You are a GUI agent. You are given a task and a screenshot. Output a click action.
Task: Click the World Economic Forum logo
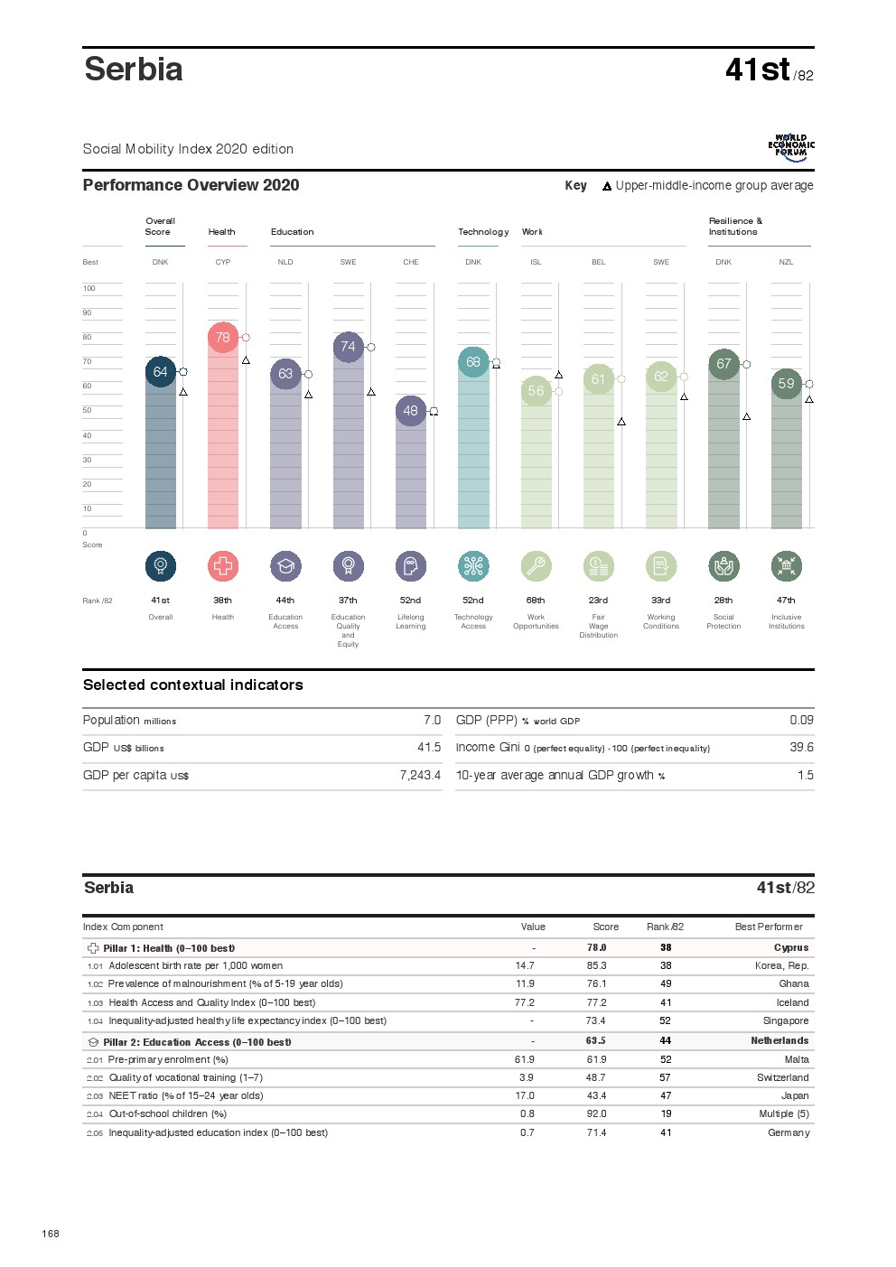click(x=791, y=148)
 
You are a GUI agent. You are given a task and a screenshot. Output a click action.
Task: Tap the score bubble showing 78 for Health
click(x=223, y=338)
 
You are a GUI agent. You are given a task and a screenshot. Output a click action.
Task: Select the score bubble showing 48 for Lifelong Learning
click(x=411, y=411)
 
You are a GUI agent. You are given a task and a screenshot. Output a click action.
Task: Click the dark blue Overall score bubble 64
click(x=161, y=372)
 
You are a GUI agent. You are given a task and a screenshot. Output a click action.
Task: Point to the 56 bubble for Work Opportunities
click(x=537, y=391)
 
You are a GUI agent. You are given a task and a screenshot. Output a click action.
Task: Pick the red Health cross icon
click(x=223, y=566)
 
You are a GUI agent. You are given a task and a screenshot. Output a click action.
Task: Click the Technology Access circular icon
click(x=473, y=566)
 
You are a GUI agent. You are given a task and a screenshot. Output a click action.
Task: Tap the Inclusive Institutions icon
click(x=787, y=566)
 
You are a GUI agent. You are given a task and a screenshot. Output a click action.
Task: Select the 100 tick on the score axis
click(x=89, y=289)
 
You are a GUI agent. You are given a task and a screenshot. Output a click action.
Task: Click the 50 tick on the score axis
click(x=88, y=411)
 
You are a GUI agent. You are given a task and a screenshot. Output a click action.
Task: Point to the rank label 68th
click(x=536, y=601)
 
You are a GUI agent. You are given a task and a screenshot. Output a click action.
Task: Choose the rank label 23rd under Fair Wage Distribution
click(x=598, y=601)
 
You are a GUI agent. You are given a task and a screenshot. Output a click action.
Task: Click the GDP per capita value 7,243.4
click(x=420, y=776)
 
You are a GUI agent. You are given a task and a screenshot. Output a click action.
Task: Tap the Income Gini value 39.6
click(x=801, y=748)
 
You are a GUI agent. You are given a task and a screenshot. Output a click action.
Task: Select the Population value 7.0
click(x=432, y=721)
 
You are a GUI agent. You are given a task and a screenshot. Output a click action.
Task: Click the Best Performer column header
click(x=769, y=927)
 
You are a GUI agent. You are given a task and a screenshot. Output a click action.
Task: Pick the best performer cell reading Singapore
click(x=786, y=1021)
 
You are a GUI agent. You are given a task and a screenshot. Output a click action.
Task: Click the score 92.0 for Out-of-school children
click(x=597, y=1114)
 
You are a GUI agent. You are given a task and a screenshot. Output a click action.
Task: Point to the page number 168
click(x=51, y=1234)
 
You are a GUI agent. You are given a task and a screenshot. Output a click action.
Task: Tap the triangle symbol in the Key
click(x=607, y=187)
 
